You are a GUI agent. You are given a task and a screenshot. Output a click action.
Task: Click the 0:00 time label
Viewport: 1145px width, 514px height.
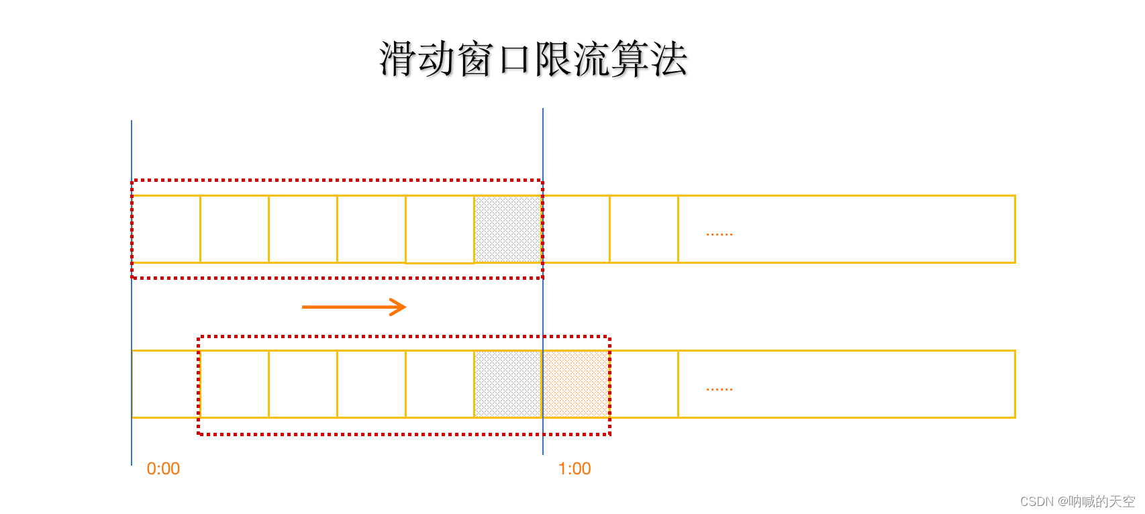tap(163, 469)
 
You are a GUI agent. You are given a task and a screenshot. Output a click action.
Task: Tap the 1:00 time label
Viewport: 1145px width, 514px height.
tap(575, 469)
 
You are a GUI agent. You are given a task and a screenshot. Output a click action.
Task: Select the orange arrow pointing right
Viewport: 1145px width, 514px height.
tap(354, 307)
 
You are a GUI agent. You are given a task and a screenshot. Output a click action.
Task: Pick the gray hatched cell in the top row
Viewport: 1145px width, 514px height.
tap(508, 229)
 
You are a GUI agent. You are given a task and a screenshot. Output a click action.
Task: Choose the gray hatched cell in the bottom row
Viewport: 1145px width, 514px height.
tap(508, 384)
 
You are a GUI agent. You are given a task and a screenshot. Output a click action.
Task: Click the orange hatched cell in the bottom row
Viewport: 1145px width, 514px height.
tap(575, 384)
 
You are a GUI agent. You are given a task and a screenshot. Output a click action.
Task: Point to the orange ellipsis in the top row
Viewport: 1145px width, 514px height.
tap(719, 234)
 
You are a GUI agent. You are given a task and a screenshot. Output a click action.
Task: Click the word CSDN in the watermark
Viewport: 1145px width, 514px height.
tap(1037, 502)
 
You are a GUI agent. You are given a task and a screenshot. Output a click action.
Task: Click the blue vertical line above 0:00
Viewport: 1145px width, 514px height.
tap(132, 154)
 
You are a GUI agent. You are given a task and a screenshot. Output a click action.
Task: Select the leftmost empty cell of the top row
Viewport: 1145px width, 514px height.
tap(166, 229)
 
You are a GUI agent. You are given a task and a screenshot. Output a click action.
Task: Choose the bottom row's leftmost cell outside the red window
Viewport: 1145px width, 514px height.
tap(165, 384)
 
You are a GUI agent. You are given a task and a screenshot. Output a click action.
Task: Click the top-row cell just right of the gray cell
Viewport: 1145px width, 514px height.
tap(577, 229)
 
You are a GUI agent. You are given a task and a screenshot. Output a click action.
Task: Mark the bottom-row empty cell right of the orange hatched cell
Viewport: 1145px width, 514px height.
tap(644, 384)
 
